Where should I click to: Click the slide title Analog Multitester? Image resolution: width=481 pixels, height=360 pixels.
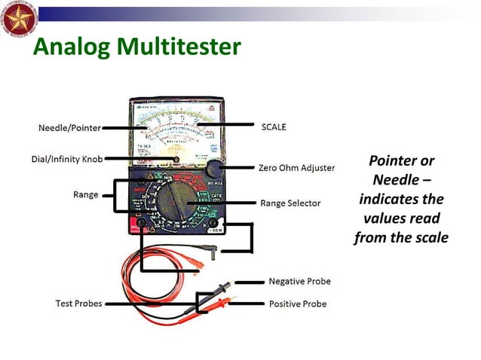(136, 47)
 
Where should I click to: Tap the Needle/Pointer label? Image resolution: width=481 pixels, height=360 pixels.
(69, 128)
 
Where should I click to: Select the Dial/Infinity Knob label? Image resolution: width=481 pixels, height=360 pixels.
(66, 159)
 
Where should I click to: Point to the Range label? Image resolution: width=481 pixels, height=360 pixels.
(85, 194)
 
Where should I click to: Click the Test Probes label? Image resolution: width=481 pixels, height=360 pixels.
(78, 304)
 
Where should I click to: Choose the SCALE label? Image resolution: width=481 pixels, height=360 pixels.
(274, 127)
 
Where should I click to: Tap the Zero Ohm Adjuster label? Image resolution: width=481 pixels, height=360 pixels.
(296, 168)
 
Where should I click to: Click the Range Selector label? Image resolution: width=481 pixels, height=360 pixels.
(290, 203)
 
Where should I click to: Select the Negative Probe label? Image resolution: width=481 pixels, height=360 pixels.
(299, 282)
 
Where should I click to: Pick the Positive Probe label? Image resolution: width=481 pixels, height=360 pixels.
(298, 304)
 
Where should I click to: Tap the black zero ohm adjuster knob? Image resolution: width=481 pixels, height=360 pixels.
(215, 168)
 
